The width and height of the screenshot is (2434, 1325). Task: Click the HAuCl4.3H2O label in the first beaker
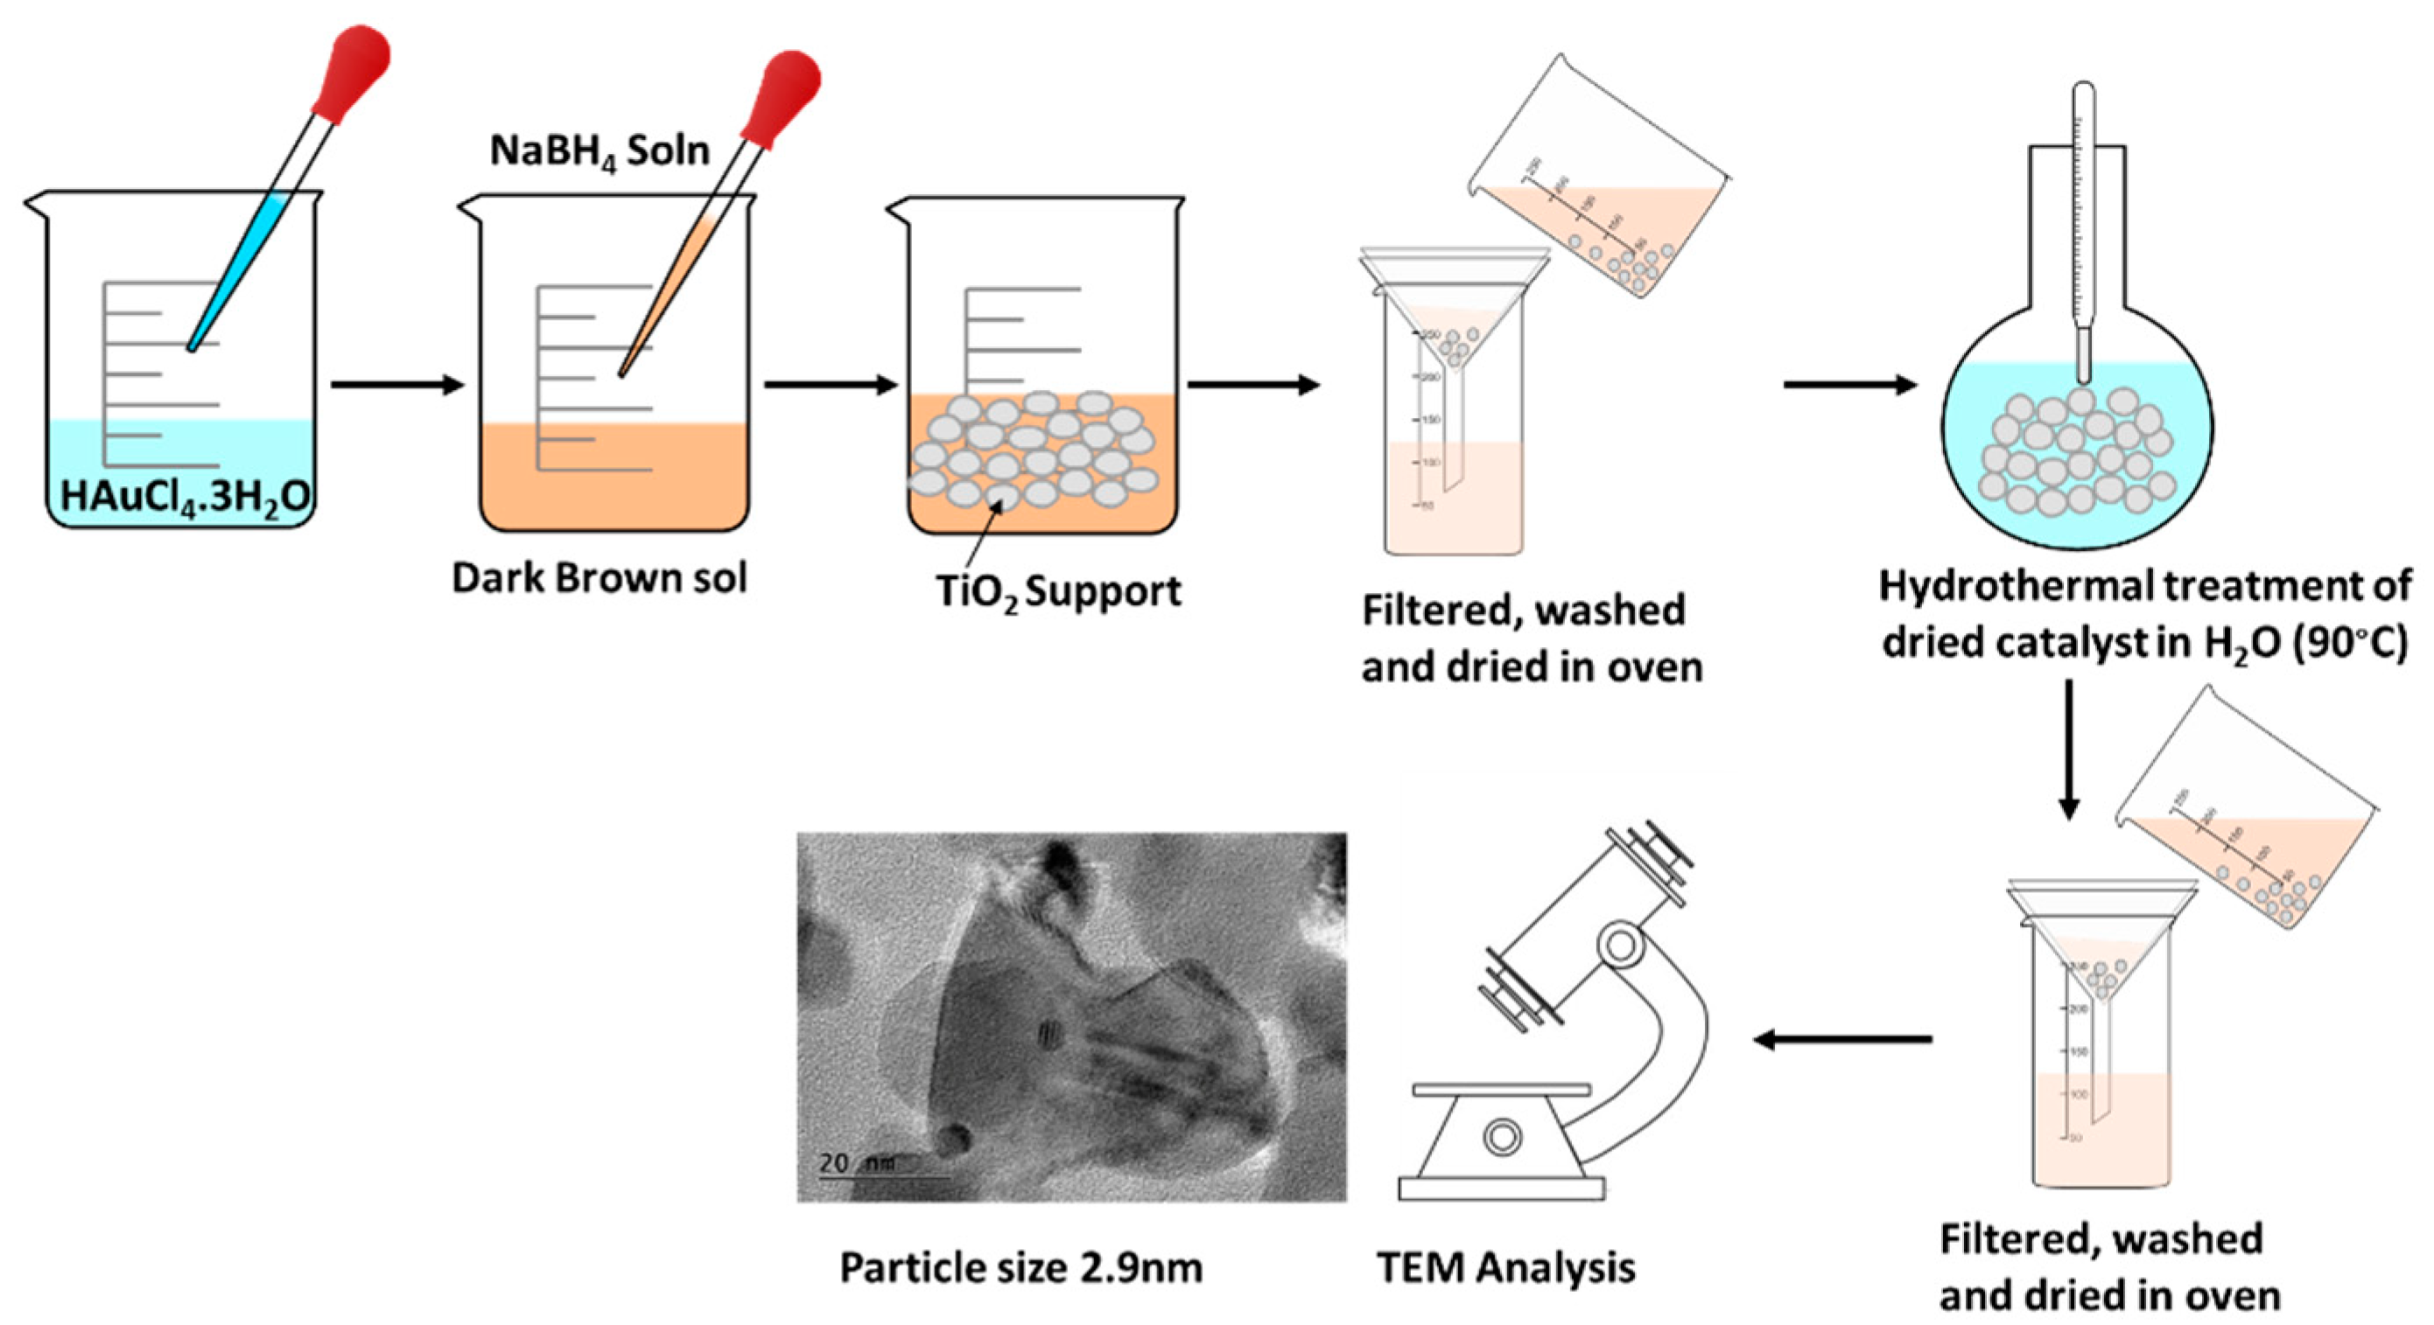click(x=186, y=496)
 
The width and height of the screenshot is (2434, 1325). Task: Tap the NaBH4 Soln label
click(x=599, y=151)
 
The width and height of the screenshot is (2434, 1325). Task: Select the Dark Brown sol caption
click(x=599, y=578)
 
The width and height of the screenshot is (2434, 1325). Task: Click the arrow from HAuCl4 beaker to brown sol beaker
click(x=396, y=384)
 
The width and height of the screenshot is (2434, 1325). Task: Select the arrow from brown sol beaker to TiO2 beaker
click(x=830, y=384)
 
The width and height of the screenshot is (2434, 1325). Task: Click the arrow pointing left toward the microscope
click(x=1842, y=1040)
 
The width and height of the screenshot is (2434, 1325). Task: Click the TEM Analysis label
click(x=1506, y=1267)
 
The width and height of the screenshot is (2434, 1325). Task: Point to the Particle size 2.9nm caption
click(x=1021, y=1267)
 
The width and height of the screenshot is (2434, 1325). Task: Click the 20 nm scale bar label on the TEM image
click(x=856, y=1162)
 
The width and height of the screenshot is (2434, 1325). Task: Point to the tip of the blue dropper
click(x=192, y=347)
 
